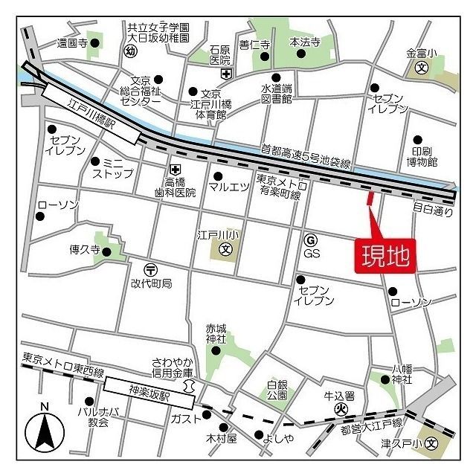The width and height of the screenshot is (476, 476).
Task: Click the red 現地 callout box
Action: pyautogui.click(x=385, y=256)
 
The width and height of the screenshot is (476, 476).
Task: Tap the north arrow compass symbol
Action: pyautogui.click(x=45, y=430)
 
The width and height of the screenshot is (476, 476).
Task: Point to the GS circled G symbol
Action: pyautogui.click(x=310, y=239)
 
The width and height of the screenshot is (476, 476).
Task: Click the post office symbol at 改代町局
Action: pyautogui.click(x=150, y=269)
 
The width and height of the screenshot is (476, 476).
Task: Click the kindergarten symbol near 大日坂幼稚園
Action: pyautogui.click(x=131, y=51)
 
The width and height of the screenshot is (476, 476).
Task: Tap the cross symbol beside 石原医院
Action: pyautogui.click(x=226, y=73)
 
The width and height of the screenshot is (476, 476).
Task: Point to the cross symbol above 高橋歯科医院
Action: pyautogui.click(x=176, y=170)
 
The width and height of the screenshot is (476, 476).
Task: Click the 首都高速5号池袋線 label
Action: pyautogui.click(x=306, y=156)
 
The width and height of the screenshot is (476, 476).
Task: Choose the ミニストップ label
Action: pyautogui.click(x=112, y=168)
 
